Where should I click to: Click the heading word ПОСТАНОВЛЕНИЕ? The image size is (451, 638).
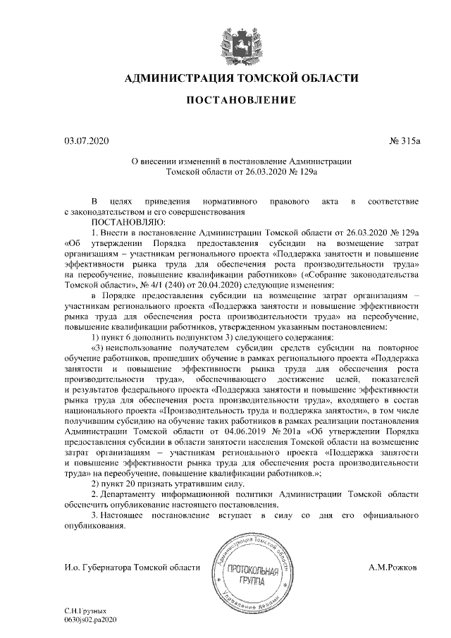tap(241, 102)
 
